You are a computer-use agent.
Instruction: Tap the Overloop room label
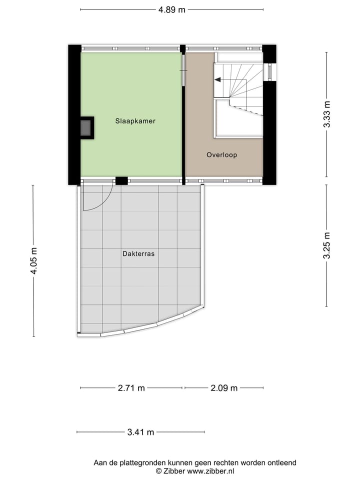[221, 155]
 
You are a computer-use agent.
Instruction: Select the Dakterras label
[138, 253]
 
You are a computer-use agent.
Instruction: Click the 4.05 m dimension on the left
[33, 260]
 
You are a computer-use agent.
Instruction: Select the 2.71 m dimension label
[131, 388]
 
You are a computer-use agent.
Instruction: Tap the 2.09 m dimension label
[224, 388]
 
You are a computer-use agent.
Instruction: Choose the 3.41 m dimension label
[140, 432]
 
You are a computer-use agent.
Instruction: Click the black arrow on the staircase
[218, 79]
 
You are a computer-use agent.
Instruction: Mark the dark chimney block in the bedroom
[86, 128]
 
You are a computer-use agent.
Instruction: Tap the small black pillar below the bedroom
[121, 181]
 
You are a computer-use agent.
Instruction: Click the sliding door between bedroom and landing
[183, 69]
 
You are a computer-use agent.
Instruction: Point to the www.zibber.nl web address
[210, 471]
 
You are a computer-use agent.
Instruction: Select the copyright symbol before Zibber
[158, 471]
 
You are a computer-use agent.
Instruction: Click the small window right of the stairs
[269, 71]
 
